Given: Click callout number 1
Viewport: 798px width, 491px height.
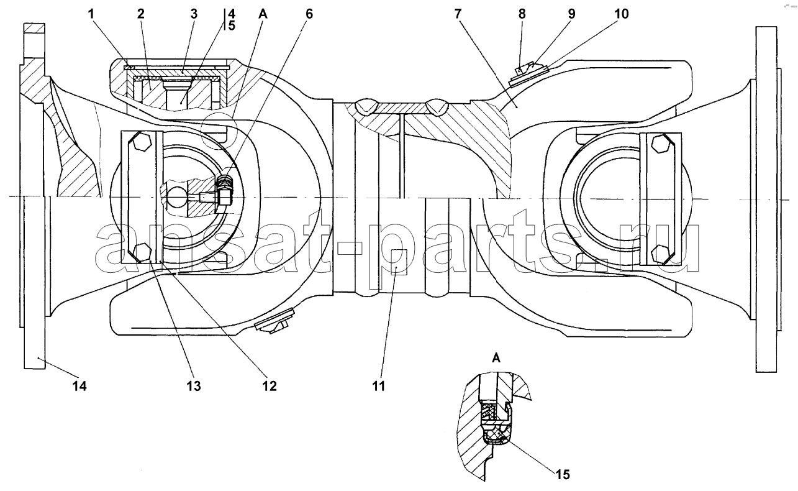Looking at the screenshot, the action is pyautogui.click(x=91, y=14).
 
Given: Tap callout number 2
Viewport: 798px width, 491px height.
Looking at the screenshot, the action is pyautogui.click(x=141, y=14).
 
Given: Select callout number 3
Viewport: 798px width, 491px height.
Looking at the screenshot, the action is pyautogui.click(x=194, y=14).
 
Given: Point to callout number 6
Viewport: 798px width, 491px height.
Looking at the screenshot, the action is pyautogui.click(x=309, y=14).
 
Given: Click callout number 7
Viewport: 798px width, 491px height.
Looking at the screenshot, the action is pyautogui.click(x=458, y=14).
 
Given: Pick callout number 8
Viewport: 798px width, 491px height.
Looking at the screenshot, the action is pyautogui.click(x=522, y=14).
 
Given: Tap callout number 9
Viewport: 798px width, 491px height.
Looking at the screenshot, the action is pyautogui.click(x=571, y=14).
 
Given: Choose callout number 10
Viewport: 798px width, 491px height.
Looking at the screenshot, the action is pyautogui.click(x=622, y=14).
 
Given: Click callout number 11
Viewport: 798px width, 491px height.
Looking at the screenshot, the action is pyautogui.click(x=379, y=386).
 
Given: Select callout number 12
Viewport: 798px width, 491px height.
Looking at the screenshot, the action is pyautogui.click(x=270, y=386).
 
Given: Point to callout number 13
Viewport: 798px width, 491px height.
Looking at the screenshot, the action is pyautogui.click(x=194, y=386).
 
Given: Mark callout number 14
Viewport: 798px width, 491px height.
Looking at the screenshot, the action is pyautogui.click(x=79, y=386).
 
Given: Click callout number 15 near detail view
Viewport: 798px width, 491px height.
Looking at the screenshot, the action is pyautogui.click(x=563, y=474).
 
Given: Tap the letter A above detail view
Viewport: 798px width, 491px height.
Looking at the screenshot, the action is pyautogui.click(x=496, y=357).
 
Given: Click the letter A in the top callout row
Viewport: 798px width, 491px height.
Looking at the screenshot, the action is pyautogui.click(x=263, y=14).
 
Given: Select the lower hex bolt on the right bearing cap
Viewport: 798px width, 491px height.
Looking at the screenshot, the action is pyautogui.click(x=661, y=254).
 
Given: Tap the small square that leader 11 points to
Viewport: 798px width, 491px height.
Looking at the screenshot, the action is pyautogui.click(x=399, y=262).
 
